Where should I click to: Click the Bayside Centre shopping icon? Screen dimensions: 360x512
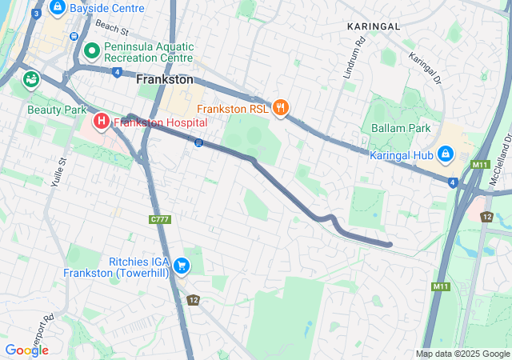coord(58,8)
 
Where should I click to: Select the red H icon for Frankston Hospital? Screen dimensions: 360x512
coord(102,122)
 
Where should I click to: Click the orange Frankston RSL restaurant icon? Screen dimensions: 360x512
coord(280,106)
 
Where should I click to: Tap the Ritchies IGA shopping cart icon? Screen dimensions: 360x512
coord(182,266)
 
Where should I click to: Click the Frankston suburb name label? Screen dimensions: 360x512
coord(165,80)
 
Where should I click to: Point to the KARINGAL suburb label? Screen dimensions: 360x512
coord(373,26)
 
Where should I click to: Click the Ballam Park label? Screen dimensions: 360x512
coord(401,128)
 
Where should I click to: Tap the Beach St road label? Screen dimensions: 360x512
coord(111,30)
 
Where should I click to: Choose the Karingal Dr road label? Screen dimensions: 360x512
coord(425,68)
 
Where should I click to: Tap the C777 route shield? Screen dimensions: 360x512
coord(160,219)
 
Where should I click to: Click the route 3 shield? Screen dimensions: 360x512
coord(37,13)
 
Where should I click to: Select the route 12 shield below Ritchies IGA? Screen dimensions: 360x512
coord(193,300)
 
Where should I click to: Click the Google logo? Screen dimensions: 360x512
coord(26,350)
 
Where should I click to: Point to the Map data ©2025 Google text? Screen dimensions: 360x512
coord(462,354)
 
